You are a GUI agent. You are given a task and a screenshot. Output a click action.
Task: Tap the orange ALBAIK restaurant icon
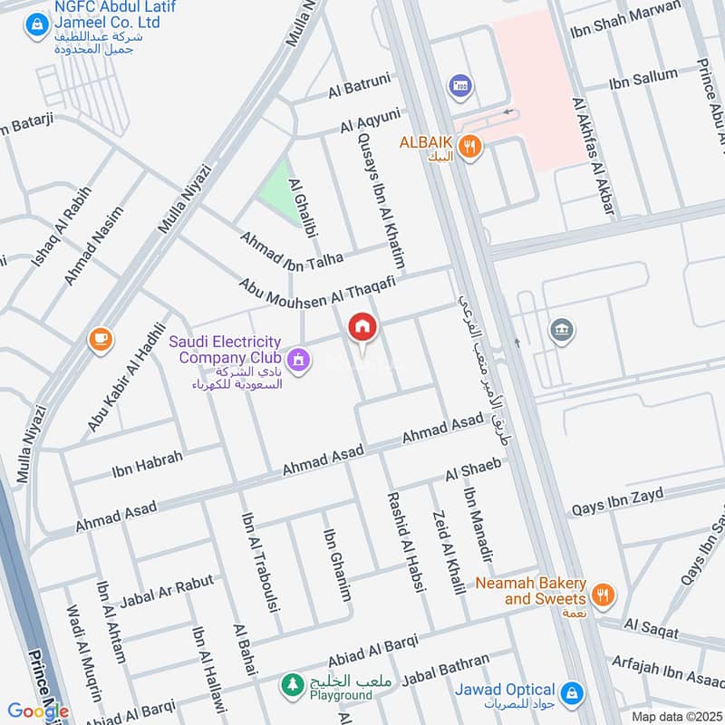click(x=469, y=146)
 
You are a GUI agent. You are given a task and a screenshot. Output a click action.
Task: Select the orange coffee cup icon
click(x=100, y=340)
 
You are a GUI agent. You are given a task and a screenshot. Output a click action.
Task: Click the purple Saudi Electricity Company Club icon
click(x=300, y=362)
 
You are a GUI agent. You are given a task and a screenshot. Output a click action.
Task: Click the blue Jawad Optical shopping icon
click(x=571, y=694)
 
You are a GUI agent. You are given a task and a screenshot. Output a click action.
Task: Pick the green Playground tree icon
click(x=292, y=682)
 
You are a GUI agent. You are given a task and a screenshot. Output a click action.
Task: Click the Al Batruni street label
click(x=359, y=89)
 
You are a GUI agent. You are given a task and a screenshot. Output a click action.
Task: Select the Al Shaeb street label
click(x=473, y=470)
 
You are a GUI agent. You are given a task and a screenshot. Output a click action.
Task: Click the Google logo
click(x=37, y=710)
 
